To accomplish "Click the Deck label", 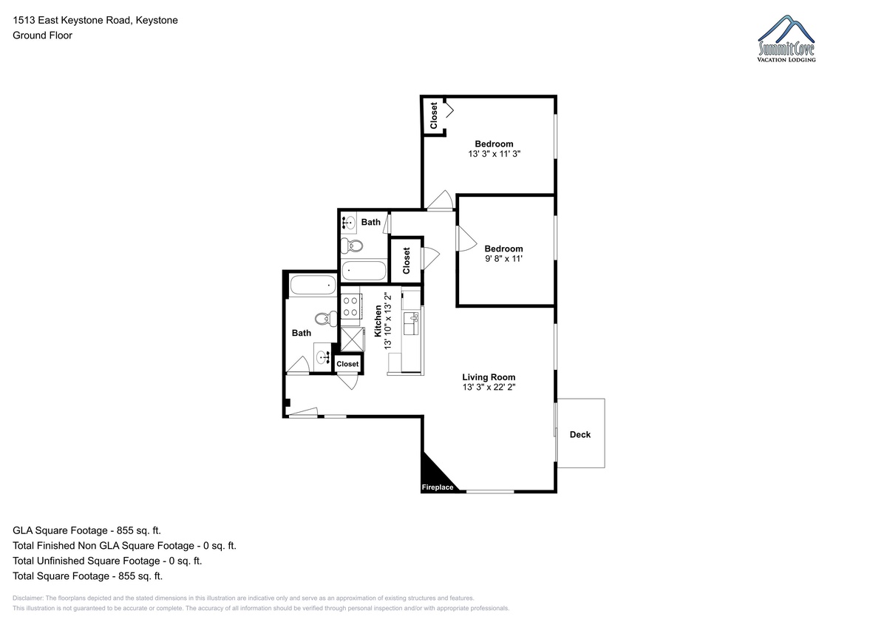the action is coord(580,435).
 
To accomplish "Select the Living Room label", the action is coord(489,377).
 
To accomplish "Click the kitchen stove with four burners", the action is coord(351,307).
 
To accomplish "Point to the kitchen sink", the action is coord(412,323).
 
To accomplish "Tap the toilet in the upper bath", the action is coord(352,246).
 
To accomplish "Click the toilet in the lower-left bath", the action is coord(326,319).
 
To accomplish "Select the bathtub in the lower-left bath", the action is coord(313,285).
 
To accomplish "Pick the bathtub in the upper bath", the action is coord(364,271).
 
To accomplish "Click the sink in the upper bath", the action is coord(348,223).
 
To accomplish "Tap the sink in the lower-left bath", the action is coord(323,357).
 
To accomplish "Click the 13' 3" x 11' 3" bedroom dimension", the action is coord(494,154).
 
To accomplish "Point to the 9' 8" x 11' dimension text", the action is coord(503,259).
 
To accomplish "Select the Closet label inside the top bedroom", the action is coord(434,115).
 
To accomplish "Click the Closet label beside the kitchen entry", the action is coord(347,364).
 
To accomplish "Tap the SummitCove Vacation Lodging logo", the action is coord(786,38).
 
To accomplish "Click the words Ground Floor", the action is coord(42,36).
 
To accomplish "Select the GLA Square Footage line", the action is coord(86,530).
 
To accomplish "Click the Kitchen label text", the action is coord(378,321).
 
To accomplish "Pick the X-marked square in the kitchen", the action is coord(352,340).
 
